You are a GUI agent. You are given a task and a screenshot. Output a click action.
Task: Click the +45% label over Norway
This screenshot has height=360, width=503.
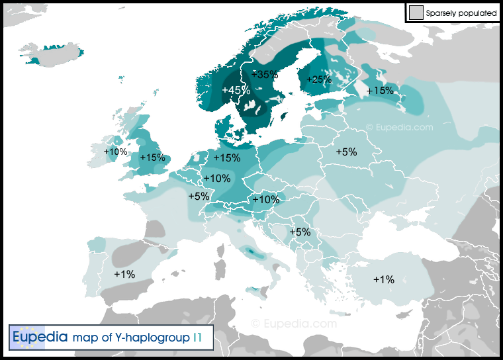coord(236,90)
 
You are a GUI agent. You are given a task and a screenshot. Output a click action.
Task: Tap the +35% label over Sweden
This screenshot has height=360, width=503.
coord(265,74)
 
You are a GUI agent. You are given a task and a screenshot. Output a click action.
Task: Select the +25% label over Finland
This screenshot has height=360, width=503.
coord(318,79)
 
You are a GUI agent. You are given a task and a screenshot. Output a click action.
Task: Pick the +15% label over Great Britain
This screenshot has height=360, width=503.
coord(152,157)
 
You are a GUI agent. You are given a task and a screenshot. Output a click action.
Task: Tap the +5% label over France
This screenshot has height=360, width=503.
coord(199,196)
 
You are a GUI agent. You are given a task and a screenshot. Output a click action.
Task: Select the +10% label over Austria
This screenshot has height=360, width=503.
coord(266,199)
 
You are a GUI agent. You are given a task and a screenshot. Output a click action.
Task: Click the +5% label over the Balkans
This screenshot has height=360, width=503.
coord(299,232)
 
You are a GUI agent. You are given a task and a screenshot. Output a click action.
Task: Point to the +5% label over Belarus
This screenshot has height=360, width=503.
coord(346,152)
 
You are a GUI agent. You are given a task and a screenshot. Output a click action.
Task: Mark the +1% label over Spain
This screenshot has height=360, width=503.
coord(124,274)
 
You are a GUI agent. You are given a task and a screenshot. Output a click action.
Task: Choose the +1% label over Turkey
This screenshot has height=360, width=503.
coord(383,279)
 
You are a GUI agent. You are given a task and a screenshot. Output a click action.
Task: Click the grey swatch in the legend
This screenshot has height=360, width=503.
coord(416,12)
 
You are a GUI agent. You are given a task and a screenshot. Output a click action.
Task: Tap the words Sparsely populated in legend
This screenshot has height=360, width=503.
coord(461,13)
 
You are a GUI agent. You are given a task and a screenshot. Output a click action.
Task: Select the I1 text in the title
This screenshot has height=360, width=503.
coord(198,337)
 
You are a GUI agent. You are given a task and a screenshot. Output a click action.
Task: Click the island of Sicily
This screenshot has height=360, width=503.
coord(254,290)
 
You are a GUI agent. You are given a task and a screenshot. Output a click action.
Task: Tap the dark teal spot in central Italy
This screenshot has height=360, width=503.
coord(252,251)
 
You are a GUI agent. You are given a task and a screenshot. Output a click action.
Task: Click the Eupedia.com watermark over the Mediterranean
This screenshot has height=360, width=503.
coord(294,324)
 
